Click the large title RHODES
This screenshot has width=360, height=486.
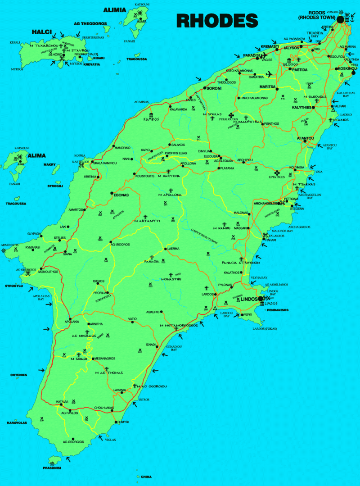[217, 20]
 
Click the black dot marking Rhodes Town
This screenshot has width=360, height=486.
[340, 19]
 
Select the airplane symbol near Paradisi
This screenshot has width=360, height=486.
[270, 73]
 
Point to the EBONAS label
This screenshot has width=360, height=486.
[121, 195]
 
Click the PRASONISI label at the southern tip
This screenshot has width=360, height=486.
[51, 468]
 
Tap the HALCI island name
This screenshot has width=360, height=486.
[42, 32]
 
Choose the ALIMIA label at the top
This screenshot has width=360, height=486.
[114, 9]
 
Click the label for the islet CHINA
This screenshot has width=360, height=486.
[146, 477]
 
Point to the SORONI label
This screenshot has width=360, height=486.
[214, 89]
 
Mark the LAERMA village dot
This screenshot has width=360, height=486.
[165, 249]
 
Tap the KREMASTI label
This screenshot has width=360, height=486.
[270, 47]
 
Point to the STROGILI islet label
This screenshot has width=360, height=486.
[56, 186]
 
